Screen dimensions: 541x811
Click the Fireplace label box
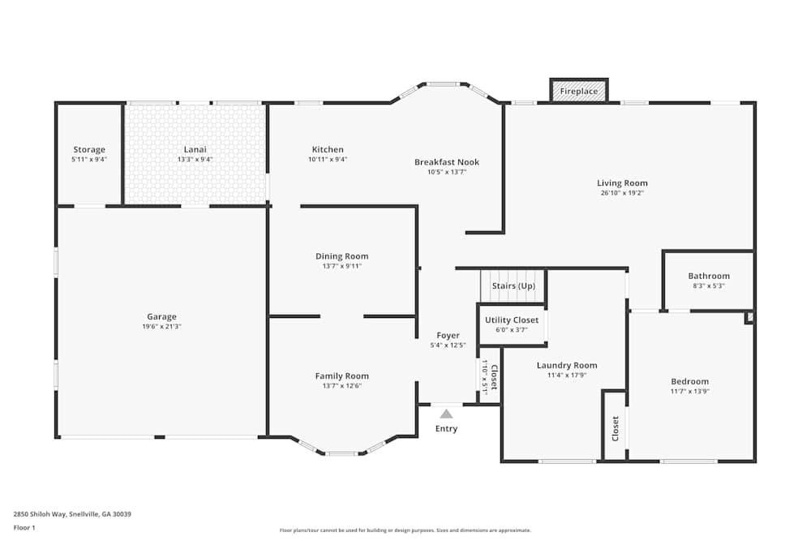coord(579,91)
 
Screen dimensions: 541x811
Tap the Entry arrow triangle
coord(446,414)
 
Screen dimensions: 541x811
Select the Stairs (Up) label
coord(513,286)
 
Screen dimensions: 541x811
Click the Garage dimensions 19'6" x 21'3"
coord(161,326)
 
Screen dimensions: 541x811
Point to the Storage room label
coord(89,150)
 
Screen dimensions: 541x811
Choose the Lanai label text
coord(195,150)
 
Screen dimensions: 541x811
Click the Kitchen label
coord(328,149)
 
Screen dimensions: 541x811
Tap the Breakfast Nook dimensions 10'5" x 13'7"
coord(447,172)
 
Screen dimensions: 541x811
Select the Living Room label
coord(622,183)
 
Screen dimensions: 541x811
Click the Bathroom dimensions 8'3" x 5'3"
coord(709,286)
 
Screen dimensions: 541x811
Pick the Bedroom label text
coord(689,382)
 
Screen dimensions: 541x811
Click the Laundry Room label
coord(567,366)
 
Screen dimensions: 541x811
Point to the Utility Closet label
coord(512,320)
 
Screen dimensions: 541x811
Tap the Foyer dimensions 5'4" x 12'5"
coord(448,346)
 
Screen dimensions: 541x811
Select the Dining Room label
coord(341,256)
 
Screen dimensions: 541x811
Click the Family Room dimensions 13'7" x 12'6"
coord(341,386)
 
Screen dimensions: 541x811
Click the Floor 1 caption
coord(24,527)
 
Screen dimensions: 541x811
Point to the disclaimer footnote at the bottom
coord(405,530)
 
